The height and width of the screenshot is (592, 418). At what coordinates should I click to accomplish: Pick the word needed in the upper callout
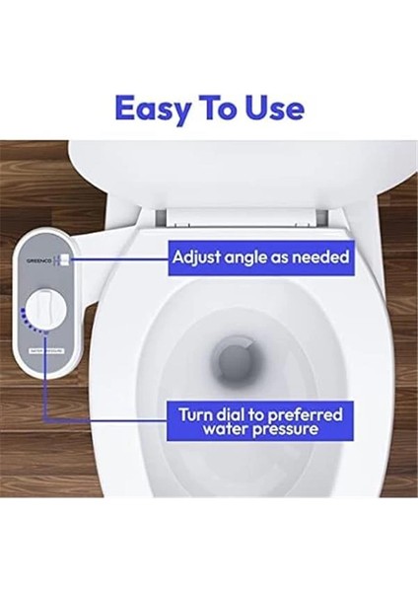[x=321, y=259]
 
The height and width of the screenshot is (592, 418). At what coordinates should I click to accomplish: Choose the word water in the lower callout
[x=228, y=430]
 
